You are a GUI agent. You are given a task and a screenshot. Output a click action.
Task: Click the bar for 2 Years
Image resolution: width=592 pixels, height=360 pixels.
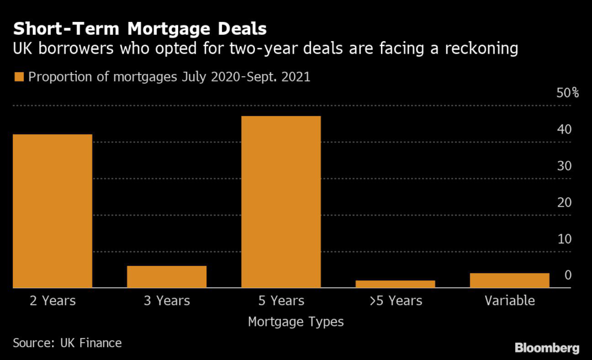pyautogui.click(x=52, y=211)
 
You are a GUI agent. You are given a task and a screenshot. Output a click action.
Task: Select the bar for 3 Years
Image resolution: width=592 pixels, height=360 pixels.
pyautogui.click(x=166, y=276)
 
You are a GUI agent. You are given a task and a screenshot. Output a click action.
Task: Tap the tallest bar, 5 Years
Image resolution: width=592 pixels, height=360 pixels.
pyautogui.click(x=280, y=202)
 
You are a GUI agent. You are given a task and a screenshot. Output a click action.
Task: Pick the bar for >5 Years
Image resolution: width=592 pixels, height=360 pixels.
pyautogui.click(x=395, y=284)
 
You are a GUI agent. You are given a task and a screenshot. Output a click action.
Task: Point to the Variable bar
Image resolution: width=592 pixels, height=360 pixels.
pyautogui.click(x=509, y=280)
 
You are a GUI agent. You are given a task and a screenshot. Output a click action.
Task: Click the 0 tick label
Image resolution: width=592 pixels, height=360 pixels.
pyautogui.click(x=568, y=275)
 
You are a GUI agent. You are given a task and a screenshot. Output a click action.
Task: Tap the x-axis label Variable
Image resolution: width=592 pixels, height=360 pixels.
pyautogui.click(x=509, y=301)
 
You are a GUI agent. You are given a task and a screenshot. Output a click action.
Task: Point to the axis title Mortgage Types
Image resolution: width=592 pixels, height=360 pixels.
pyautogui.click(x=295, y=322)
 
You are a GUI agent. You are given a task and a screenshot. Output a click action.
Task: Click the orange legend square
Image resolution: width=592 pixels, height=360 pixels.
pyautogui.click(x=19, y=77)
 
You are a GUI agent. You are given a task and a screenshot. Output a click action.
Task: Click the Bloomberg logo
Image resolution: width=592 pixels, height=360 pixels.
pyautogui.click(x=547, y=348)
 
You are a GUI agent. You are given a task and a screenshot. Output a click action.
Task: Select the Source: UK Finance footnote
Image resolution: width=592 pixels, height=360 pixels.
pyautogui.click(x=67, y=343)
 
